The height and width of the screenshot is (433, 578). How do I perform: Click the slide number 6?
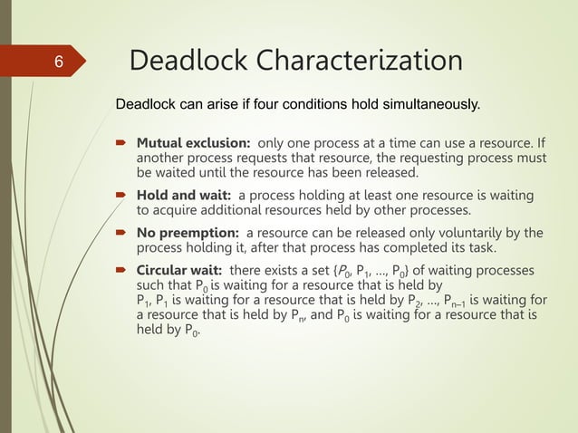tap(57, 63)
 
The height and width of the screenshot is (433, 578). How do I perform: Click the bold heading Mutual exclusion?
tap(193, 143)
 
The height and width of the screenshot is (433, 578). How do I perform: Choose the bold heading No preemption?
tap(188, 232)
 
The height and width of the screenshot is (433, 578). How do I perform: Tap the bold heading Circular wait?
tap(181, 270)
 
